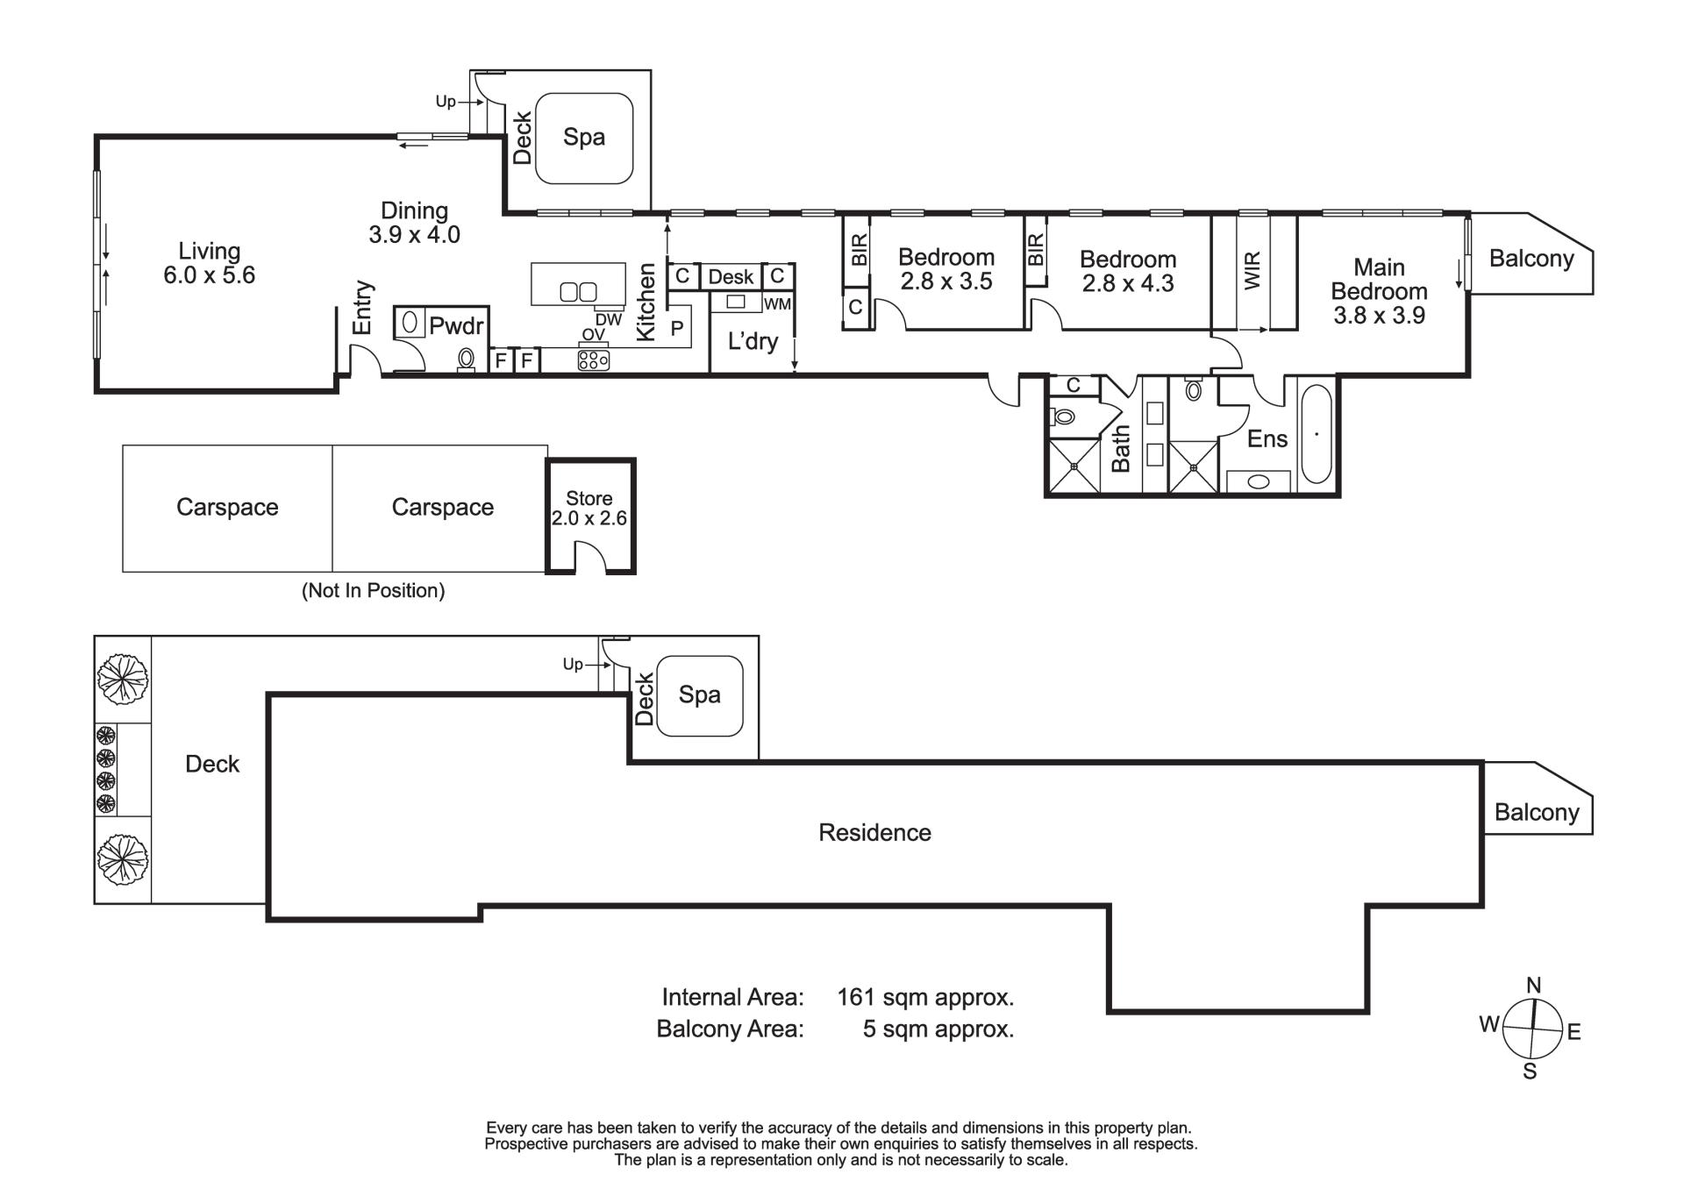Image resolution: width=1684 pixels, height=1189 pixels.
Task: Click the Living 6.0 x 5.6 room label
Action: point(209,263)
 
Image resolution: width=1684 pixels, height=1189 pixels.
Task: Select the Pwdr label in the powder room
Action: point(456,326)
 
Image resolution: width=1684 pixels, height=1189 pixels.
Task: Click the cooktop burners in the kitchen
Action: point(594,360)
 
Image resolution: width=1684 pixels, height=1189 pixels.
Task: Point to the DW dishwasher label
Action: point(609,320)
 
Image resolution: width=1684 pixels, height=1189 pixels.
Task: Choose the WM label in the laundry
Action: point(778,304)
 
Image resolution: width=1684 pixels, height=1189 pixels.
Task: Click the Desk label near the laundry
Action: point(731,277)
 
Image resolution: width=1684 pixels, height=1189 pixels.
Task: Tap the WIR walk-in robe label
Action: point(1252,271)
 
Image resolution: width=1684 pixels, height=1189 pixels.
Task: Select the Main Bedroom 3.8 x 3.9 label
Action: point(1379,291)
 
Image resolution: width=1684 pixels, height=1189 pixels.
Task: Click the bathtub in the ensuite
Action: point(1316,434)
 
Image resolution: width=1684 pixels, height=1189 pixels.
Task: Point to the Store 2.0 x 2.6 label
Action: point(589,509)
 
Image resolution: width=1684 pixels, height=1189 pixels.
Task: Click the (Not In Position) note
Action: point(374,591)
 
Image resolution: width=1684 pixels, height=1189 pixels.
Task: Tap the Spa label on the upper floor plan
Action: point(584,137)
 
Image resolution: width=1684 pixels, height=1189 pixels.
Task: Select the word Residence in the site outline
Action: point(874,832)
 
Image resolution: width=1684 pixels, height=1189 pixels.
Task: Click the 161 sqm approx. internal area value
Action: point(925,997)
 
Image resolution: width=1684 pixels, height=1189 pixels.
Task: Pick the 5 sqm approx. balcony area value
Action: point(938,1029)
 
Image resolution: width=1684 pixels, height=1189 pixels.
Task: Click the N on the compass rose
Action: point(1533,985)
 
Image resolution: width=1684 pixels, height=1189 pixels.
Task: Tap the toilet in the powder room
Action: point(467,360)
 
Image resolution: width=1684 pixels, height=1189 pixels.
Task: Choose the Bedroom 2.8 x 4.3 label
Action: point(1128,271)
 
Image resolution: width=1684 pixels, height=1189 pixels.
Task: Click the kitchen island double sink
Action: point(578,291)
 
